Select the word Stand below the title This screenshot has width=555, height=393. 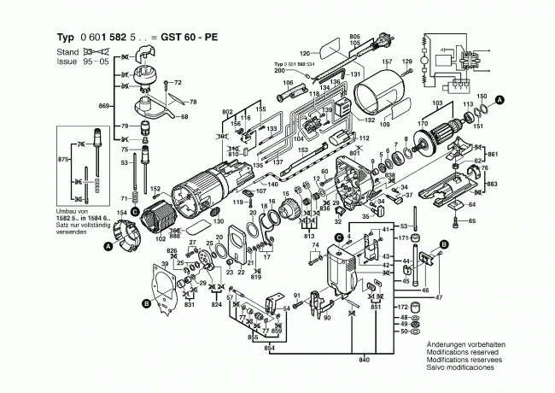(x=69, y=52)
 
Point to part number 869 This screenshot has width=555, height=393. (x=104, y=104)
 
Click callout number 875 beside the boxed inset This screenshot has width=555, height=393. (x=61, y=161)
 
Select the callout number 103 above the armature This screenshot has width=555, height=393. (x=439, y=103)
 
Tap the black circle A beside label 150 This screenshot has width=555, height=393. (x=500, y=100)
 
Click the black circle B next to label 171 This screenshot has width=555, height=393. (x=443, y=246)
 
